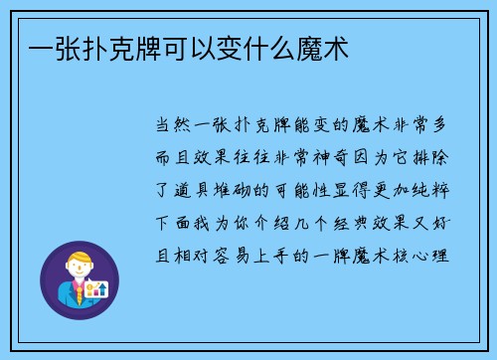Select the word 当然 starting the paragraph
(169, 126)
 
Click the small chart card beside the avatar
(98, 289)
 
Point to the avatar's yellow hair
(77, 258)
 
